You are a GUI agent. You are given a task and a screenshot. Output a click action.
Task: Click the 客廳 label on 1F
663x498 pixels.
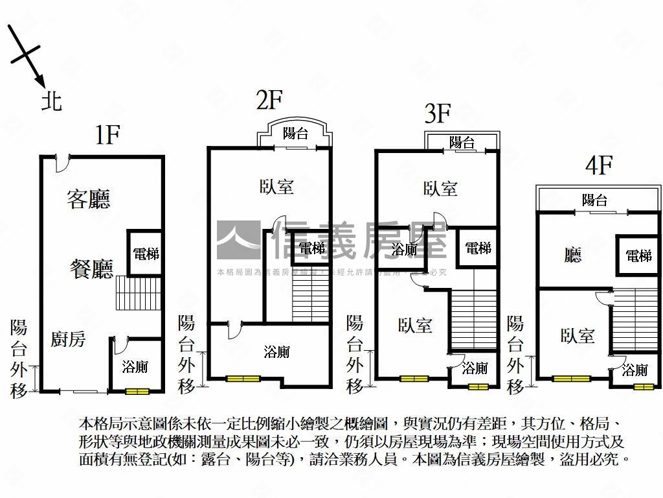(x=89, y=199)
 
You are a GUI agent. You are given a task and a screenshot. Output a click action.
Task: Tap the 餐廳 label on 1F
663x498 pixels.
(x=91, y=268)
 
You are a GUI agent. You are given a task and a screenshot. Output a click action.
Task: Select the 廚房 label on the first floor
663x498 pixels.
(x=69, y=338)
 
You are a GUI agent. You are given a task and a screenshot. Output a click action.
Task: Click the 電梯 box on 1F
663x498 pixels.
(x=145, y=254)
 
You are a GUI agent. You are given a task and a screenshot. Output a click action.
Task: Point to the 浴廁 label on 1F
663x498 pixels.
(x=135, y=367)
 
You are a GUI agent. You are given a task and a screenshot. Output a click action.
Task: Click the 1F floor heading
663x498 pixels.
(x=107, y=135)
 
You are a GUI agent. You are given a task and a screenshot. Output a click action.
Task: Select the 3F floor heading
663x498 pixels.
(x=437, y=114)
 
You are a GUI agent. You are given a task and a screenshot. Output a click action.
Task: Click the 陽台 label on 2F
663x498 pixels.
(x=296, y=134)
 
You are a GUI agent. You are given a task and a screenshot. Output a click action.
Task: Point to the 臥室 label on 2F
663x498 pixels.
(x=276, y=187)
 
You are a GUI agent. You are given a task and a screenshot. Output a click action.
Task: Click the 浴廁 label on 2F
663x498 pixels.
(x=276, y=352)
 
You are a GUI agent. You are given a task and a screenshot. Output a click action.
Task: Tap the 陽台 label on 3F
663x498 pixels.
(x=462, y=142)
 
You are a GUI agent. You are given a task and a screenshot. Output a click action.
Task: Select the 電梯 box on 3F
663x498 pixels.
(x=478, y=248)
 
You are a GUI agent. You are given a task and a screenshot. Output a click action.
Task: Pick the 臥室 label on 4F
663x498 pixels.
(x=578, y=335)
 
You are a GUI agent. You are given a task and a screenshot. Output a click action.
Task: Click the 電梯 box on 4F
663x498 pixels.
(x=638, y=255)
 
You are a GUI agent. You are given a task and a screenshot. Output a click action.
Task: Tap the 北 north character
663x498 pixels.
(x=52, y=101)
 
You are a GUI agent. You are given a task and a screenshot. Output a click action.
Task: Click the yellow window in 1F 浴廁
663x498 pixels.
(x=137, y=391)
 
